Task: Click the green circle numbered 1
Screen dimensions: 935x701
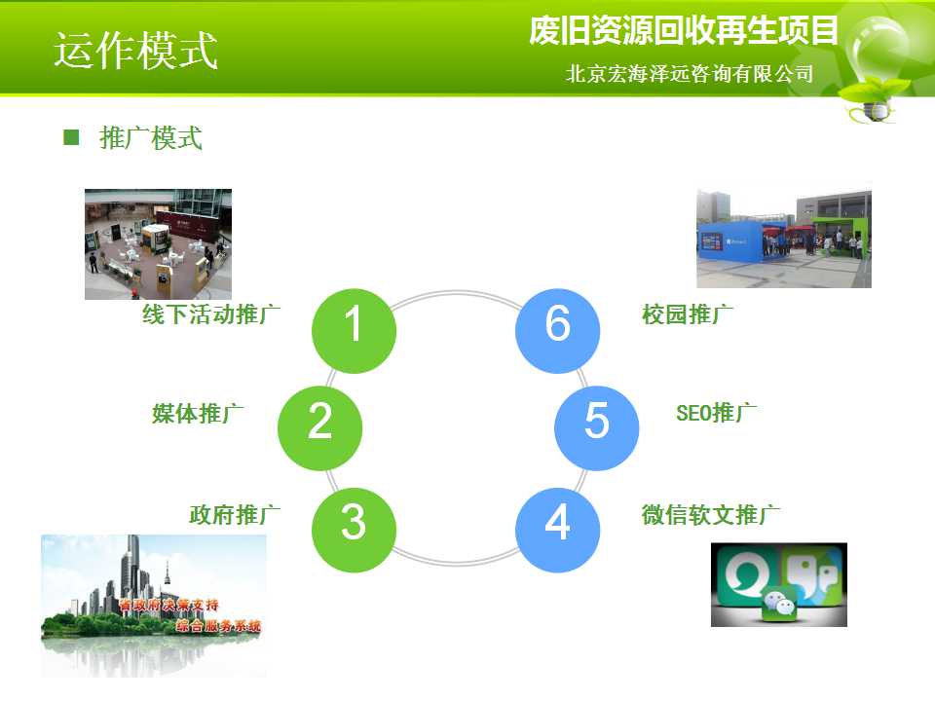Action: point(354,331)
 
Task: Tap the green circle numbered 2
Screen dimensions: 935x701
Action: point(320,428)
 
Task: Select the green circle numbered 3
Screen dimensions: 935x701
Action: point(354,530)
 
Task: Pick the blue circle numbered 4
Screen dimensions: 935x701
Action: point(557,530)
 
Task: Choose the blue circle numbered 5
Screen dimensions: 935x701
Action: point(597,428)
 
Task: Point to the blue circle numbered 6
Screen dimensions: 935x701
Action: point(557,331)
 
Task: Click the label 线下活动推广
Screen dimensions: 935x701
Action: point(211,314)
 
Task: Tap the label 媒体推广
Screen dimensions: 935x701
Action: point(198,413)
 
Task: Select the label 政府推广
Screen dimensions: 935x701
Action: point(235,514)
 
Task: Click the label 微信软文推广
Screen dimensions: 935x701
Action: point(711,514)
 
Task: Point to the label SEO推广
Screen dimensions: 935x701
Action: point(717,413)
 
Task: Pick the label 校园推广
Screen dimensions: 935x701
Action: point(688,314)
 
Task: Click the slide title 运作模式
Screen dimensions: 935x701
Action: point(136,51)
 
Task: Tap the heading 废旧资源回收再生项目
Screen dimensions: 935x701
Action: point(684,30)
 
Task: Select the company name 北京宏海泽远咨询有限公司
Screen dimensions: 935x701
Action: point(690,74)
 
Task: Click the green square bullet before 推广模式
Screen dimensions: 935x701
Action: point(71,137)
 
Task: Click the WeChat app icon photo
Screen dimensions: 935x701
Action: point(779,585)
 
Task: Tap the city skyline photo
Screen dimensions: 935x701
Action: point(154,605)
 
